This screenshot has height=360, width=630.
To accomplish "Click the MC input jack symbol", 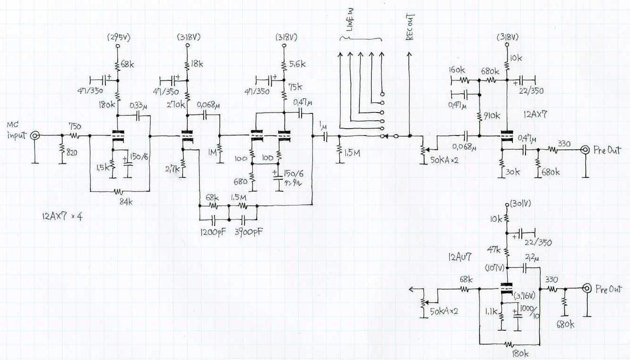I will (x=35, y=136).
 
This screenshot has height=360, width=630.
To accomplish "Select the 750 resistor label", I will (x=74, y=127).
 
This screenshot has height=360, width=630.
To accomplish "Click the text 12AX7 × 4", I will (x=62, y=217).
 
